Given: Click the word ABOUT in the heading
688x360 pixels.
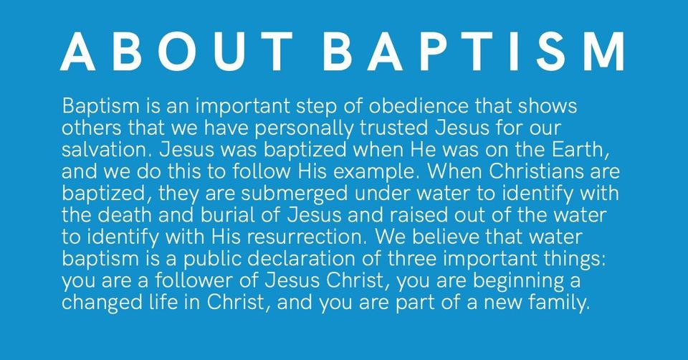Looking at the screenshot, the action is click(x=176, y=52).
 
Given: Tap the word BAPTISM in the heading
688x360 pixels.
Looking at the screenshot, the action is click(x=473, y=52).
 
